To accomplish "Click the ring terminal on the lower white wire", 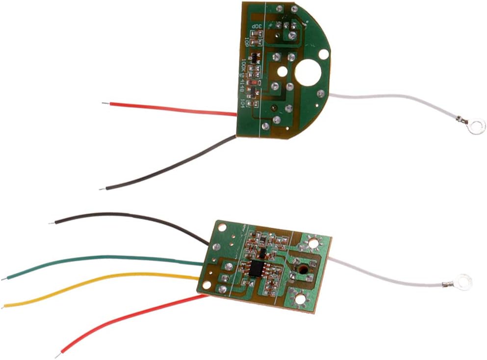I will pyautogui.click(x=463, y=282).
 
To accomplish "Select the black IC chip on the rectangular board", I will pyautogui.click(x=257, y=268).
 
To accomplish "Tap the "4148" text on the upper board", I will pyautogui.click(x=242, y=88).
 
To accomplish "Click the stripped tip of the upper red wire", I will pyautogui.click(x=105, y=103).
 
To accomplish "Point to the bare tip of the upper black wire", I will pyautogui.click(x=102, y=188).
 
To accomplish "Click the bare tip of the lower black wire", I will pyautogui.click(x=51, y=223).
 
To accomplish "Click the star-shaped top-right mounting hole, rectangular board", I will pyautogui.click(x=312, y=242).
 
